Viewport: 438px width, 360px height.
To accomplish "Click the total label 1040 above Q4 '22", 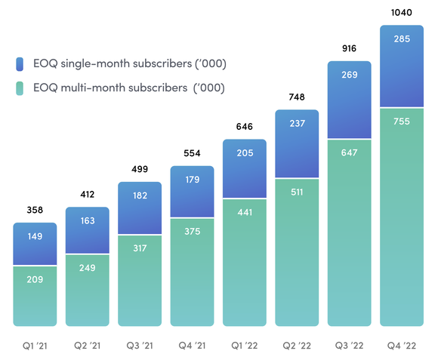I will click(x=402, y=13).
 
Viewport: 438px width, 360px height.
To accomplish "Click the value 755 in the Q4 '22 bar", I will click(x=402, y=123).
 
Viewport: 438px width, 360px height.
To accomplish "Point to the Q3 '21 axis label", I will click(x=140, y=345).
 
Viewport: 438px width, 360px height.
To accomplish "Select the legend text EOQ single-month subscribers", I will click(x=129, y=63).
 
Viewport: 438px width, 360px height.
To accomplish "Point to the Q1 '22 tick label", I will click(x=245, y=345).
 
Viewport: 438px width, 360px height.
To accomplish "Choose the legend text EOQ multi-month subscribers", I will click(x=128, y=88).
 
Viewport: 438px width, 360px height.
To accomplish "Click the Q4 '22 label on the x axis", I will click(x=402, y=345).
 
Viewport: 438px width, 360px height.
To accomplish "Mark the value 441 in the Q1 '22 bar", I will click(x=245, y=213).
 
